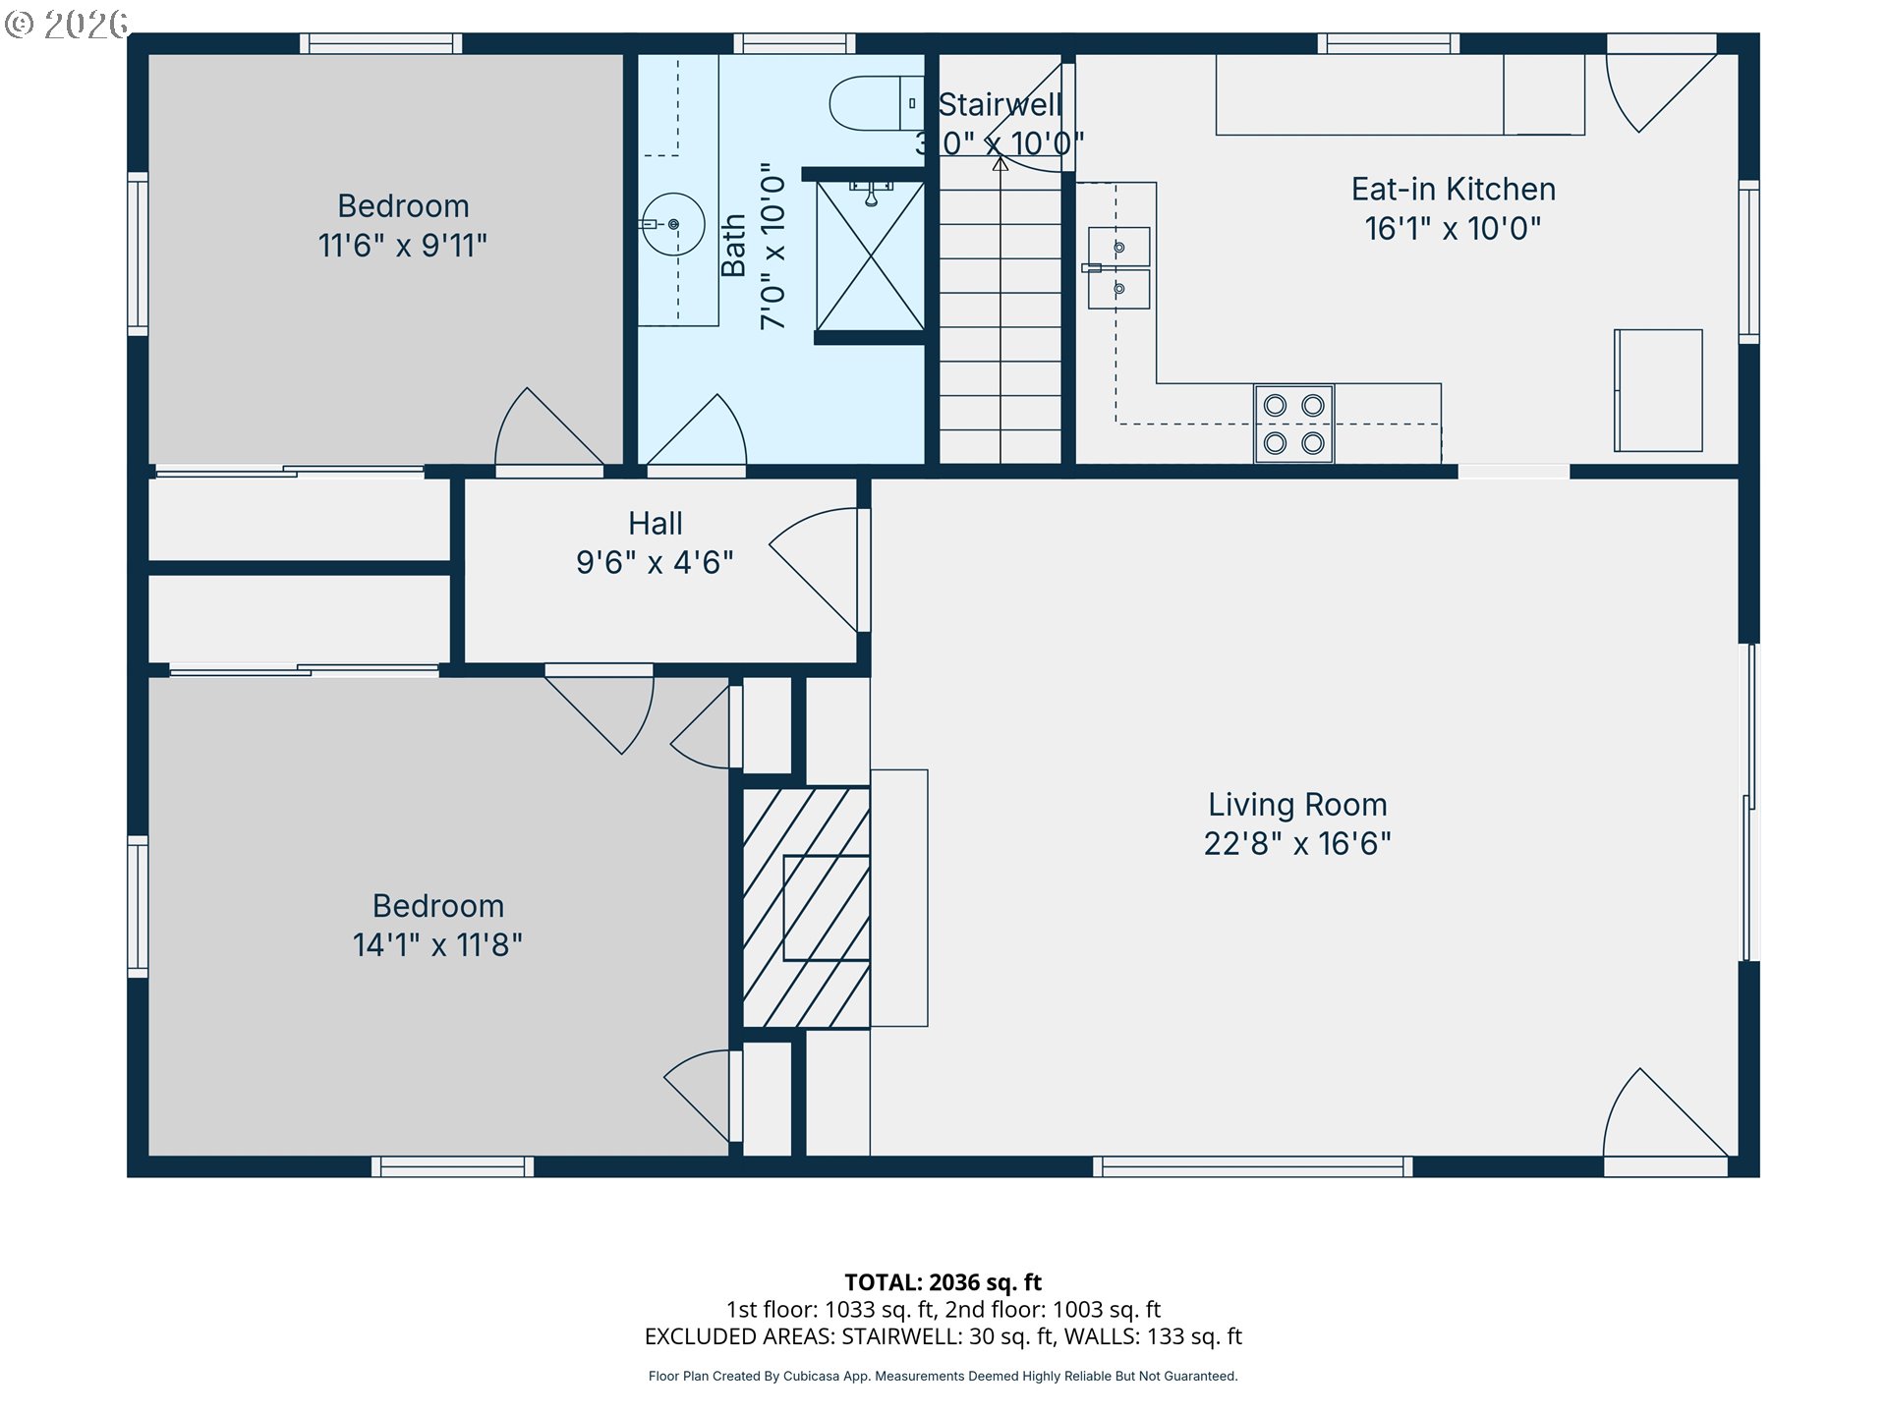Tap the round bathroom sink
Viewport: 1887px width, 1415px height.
(x=673, y=224)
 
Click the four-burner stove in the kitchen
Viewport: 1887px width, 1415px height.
(x=1293, y=424)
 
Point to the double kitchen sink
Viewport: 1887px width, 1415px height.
(x=1118, y=268)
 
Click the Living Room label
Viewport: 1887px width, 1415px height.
(x=1297, y=805)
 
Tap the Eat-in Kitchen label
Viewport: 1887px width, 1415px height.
(x=1453, y=189)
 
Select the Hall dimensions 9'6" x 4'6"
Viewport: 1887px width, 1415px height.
(x=655, y=562)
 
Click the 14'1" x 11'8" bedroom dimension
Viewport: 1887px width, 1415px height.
(x=437, y=944)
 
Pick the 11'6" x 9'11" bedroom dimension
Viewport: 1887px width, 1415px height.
(x=402, y=245)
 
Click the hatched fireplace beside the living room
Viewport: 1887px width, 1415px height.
(x=806, y=907)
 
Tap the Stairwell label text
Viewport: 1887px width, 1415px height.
(x=1001, y=104)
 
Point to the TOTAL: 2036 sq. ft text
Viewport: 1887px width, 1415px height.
(x=943, y=1282)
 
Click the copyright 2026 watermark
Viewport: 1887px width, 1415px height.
(x=67, y=24)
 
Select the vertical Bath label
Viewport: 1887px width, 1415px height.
(x=733, y=246)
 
